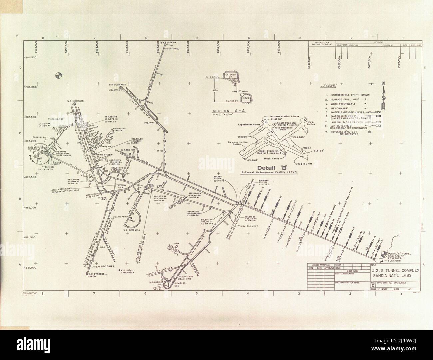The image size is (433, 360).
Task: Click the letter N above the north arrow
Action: [x=384, y=83]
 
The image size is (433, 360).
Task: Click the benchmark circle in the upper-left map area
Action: [x=58, y=75]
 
